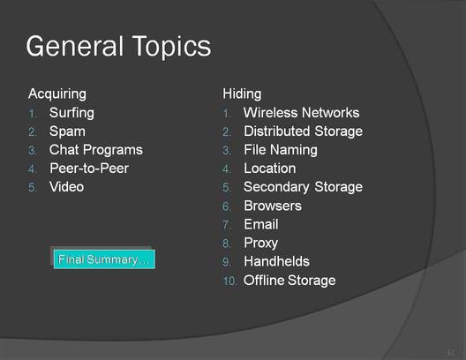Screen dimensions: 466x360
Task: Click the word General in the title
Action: (75, 46)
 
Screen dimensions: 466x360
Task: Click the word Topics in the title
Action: (171, 47)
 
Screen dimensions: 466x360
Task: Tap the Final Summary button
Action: (104, 259)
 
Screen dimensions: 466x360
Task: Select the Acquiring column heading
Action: (57, 94)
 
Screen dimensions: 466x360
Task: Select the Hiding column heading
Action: (242, 94)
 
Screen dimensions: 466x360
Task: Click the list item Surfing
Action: (71, 113)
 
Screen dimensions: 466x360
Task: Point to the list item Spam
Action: (67, 131)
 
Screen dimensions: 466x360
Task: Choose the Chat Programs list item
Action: (96, 150)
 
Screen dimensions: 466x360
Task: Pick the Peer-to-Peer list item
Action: (89, 169)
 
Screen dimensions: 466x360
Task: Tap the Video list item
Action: (66, 187)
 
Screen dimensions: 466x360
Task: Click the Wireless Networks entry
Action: (301, 113)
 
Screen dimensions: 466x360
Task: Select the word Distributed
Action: (277, 131)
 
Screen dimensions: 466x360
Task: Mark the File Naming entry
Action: (281, 150)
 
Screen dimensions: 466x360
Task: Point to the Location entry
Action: (270, 169)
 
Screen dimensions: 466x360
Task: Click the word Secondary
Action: (276, 187)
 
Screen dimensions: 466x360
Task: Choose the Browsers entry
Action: (273, 206)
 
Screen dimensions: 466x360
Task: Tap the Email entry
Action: (261, 224)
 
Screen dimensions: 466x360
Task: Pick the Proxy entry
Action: (260, 244)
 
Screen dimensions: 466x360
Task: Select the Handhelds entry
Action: (277, 261)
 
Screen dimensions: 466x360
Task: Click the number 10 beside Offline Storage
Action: (229, 281)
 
